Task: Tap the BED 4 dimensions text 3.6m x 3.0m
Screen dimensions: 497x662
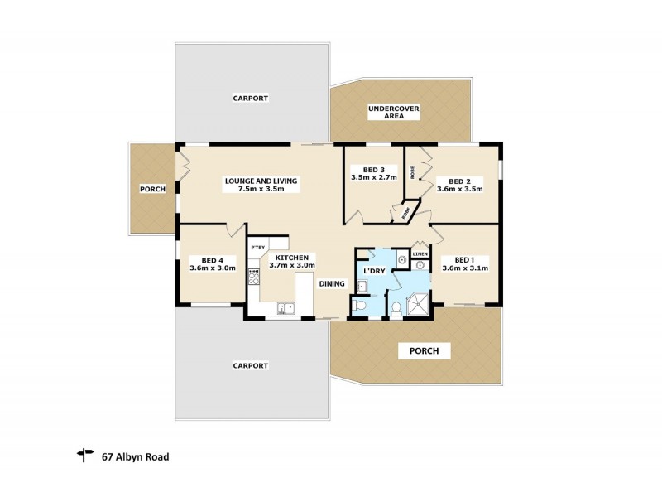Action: (x=213, y=268)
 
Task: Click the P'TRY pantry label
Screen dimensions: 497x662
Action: (x=258, y=247)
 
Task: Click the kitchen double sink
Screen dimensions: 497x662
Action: (x=283, y=310)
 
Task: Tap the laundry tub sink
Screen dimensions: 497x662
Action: (x=362, y=287)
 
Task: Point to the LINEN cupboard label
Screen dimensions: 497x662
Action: (x=420, y=254)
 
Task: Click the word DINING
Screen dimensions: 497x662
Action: (x=333, y=283)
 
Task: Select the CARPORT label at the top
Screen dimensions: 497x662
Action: (x=250, y=98)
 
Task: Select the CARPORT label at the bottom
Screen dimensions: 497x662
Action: (x=250, y=365)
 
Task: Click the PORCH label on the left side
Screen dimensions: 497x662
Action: (x=152, y=189)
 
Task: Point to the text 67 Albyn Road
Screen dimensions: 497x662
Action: (x=136, y=455)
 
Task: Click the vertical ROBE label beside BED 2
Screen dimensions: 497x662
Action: (x=411, y=174)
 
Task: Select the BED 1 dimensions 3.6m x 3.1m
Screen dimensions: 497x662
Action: (x=465, y=268)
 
